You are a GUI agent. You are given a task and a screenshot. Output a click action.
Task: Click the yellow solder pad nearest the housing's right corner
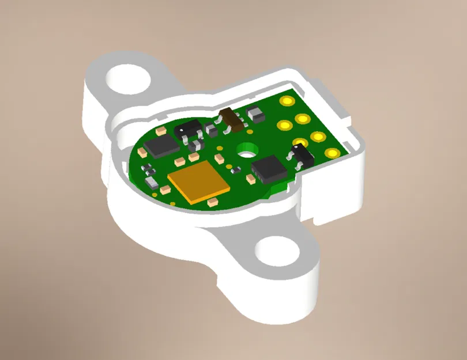332,153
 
